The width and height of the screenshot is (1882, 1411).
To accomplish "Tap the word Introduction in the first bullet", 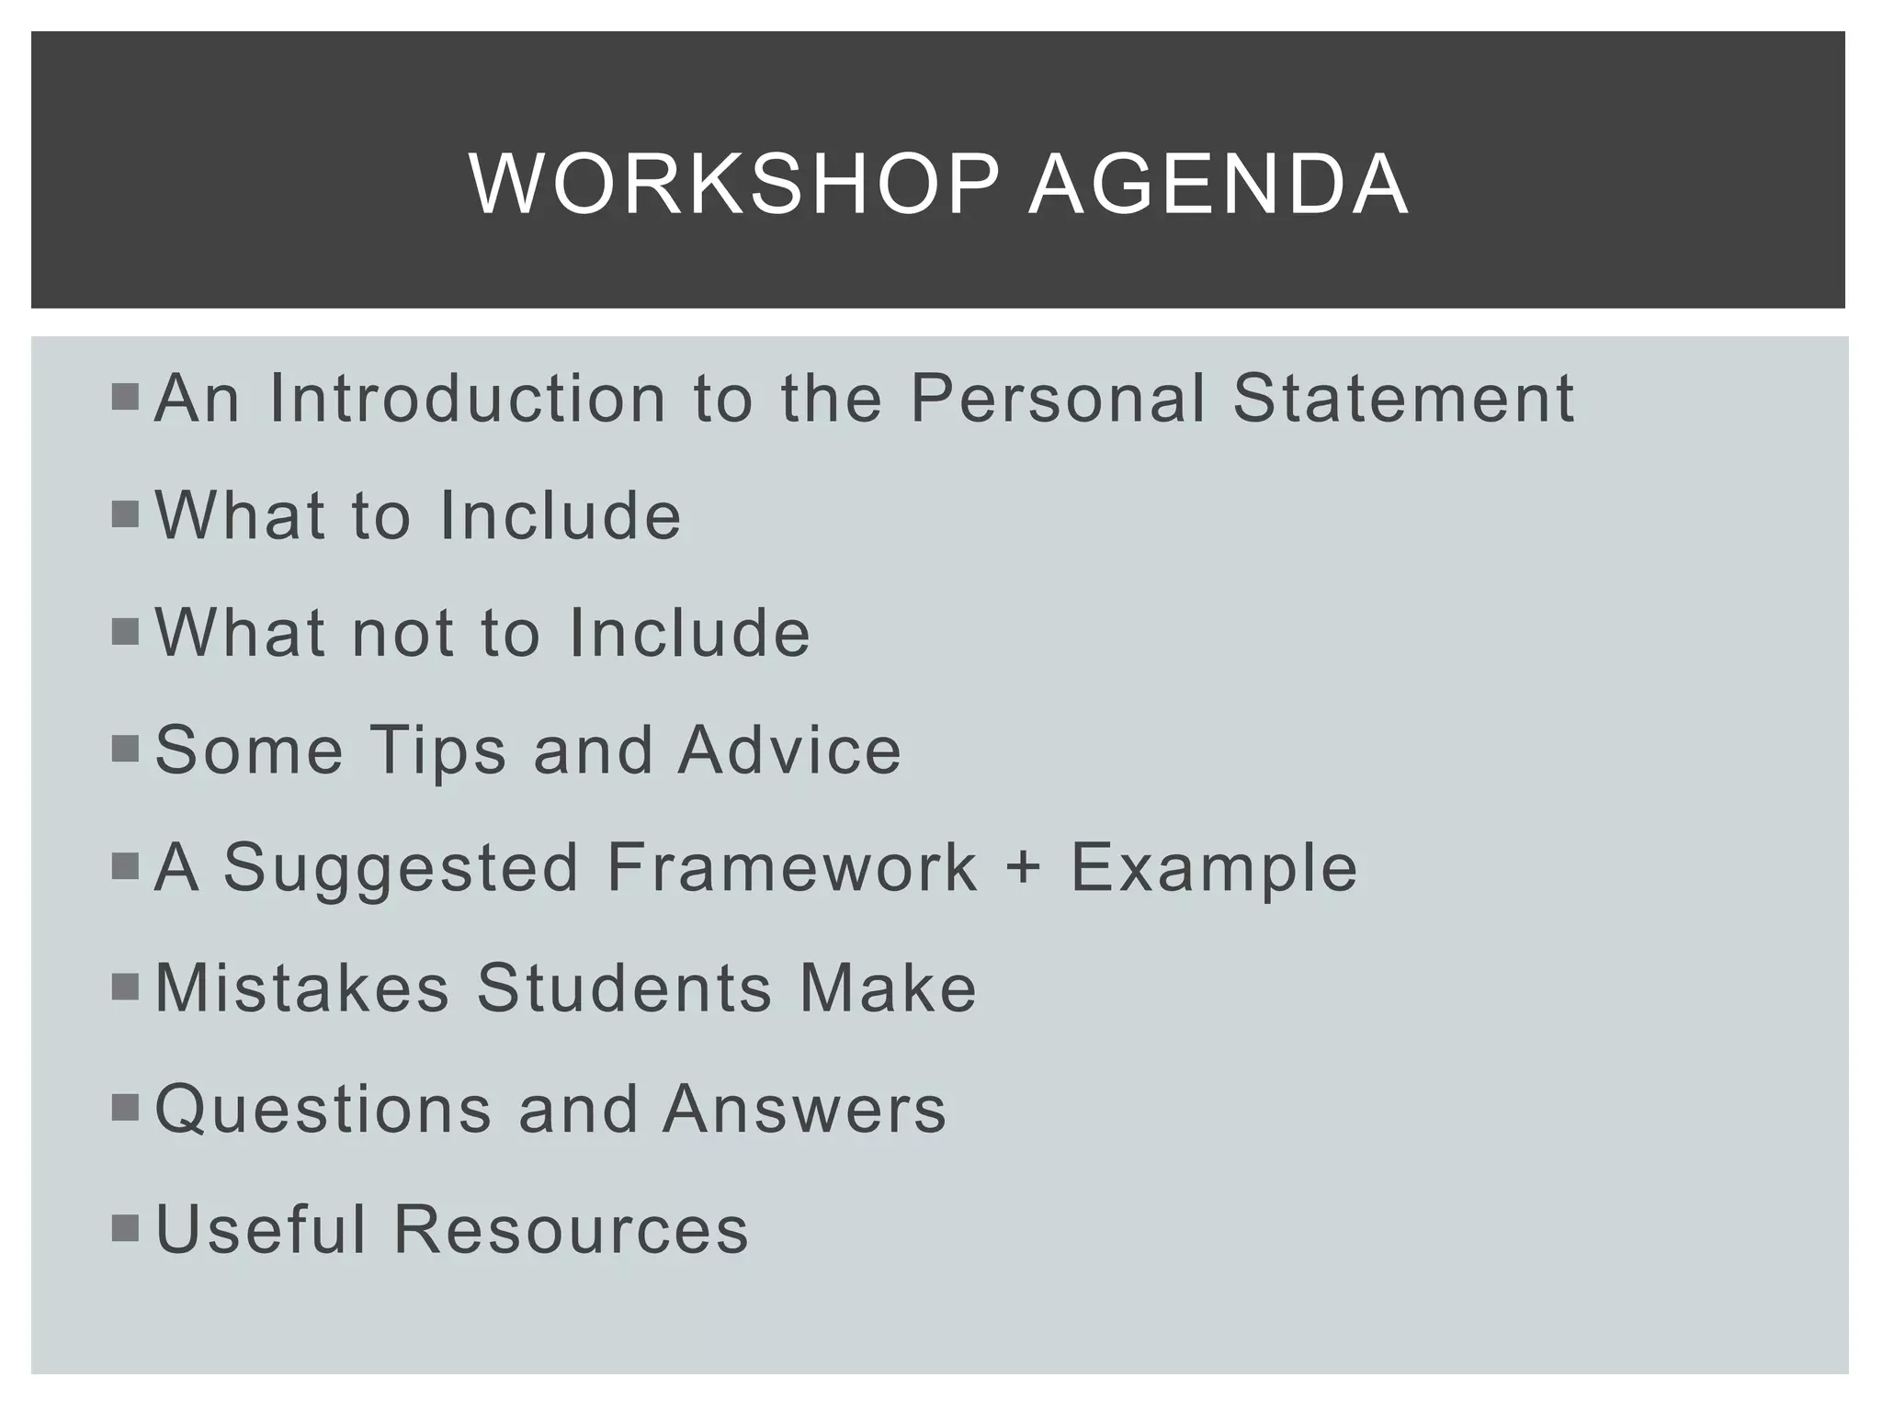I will (467, 399).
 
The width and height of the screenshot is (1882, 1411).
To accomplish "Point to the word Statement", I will (1403, 399).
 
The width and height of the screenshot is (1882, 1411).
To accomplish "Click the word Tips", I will (438, 751).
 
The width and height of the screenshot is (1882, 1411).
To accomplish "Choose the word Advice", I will (789, 751).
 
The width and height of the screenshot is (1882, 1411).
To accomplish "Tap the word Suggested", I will (402, 869).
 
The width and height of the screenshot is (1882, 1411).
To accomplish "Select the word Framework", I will (792, 868).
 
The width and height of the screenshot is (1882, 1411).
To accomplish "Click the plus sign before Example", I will (1023, 869).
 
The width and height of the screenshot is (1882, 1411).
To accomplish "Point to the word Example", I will (1214, 869).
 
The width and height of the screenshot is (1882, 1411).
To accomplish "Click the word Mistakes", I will (302, 988).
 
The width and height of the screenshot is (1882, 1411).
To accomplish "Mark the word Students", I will (624, 988).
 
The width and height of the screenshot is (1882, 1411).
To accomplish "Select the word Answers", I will (804, 1109).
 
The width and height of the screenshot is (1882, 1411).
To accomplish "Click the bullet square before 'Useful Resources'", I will (125, 1228).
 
